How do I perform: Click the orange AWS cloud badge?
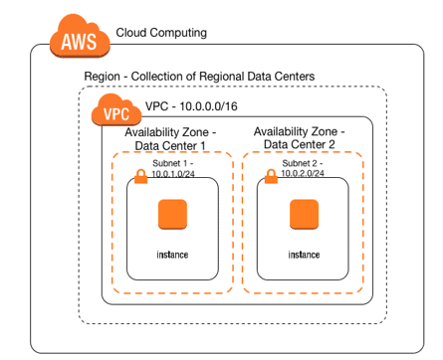[80, 42]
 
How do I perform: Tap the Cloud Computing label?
[161, 34]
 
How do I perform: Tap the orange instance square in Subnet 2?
[304, 215]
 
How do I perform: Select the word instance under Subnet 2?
[304, 255]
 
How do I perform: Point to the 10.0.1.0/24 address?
[172, 176]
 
